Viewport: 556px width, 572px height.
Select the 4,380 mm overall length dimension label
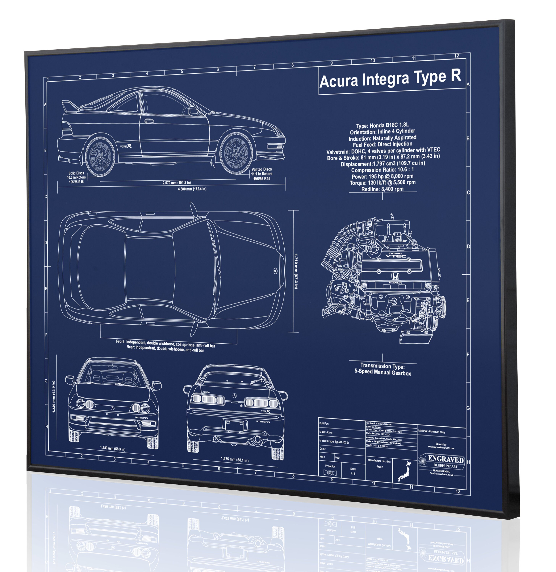[x=192, y=189]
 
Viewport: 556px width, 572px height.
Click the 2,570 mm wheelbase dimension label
[x=177, y=183]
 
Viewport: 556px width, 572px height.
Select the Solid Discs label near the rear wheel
[x=76, y=173]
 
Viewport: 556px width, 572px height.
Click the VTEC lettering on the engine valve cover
[x=395, y=256]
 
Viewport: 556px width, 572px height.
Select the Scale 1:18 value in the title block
[x=353, y=473]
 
